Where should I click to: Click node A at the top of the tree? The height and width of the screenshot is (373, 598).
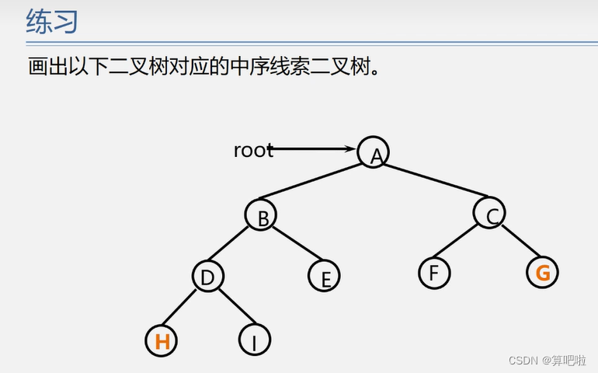374,152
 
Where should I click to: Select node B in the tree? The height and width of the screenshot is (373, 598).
261,215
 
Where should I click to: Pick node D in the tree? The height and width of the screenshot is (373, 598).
207,275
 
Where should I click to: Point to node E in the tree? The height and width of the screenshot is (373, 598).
324,275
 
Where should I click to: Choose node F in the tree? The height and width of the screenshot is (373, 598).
433,273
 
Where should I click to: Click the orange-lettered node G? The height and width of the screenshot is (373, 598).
542,272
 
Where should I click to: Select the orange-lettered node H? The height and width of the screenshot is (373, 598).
162,340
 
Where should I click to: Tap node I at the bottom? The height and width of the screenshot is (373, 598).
254,340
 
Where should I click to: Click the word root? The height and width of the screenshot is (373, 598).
252,150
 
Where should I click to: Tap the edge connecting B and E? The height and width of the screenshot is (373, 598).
294,246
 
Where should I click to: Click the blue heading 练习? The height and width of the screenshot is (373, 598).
51,22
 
